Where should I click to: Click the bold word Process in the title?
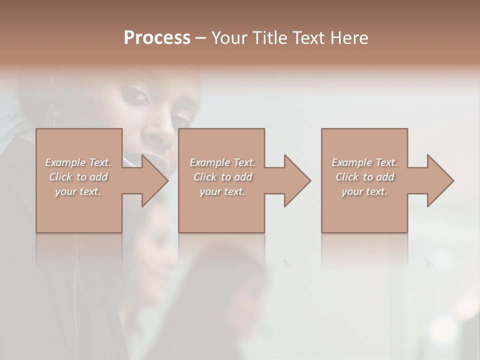pyautogui.click(x=157, y=38)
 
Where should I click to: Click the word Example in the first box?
pyautogui.click(x=64, y=162)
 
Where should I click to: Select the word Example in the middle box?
pyautogui.click(x=209, y=162)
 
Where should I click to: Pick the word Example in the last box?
pyautogui.click(x=351, y=162)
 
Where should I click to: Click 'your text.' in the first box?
pyautogui.click(x=78, y=191)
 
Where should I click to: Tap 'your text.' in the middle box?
pyautogui.click(x=222, y=191)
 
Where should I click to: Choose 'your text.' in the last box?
pyautogui.click(x=364, y=191)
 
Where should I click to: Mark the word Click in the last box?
pyautogui.click(x=347, y=177)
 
